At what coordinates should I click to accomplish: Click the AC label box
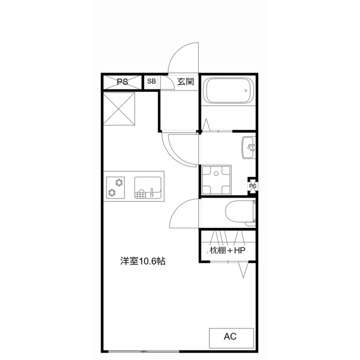point(229,337)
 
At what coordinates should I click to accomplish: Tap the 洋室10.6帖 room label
point(142,261)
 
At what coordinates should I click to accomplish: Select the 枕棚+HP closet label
point(228,250)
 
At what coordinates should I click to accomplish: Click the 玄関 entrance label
point(186,82)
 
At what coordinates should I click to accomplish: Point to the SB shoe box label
point(151,82)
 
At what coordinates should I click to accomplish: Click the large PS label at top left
point(122,82)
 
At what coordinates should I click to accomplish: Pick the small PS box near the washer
point(253,186)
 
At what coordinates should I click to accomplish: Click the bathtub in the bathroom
point(228,92)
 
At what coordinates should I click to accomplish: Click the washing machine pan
point(214,179)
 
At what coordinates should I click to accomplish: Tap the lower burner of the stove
point(112,193)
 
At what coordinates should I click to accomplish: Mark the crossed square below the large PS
point(119,109)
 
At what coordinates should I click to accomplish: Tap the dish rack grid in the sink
point(141,195)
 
